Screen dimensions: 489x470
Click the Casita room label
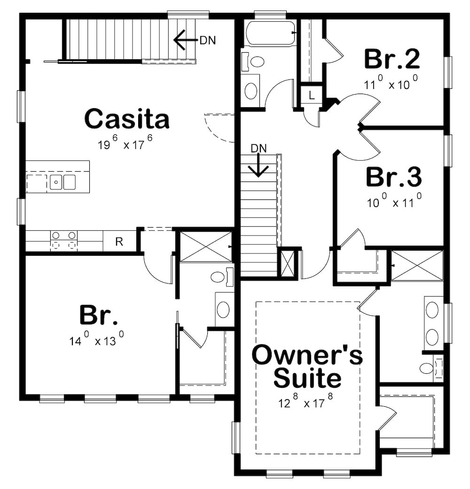pyautogui.click(x=126, y=119)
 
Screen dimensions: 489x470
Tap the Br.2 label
pyautogui.click(x=392, y=59)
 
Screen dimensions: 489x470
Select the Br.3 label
pyautogui.click(x=393, y=177)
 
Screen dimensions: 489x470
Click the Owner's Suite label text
pyautogui.click(x=307, y=367)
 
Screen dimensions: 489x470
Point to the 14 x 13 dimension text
pyautogui.click(x=97, y=339)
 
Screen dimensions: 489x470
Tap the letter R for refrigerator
pyautogui.click(x=119, y=242)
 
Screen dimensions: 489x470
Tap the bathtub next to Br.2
pyautogui.click(x=269, y=33)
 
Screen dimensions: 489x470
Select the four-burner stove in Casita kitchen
pyautogui.click(x=63, y=240)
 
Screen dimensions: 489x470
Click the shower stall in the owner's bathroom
pyautogui.click(x=417, y=266)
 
